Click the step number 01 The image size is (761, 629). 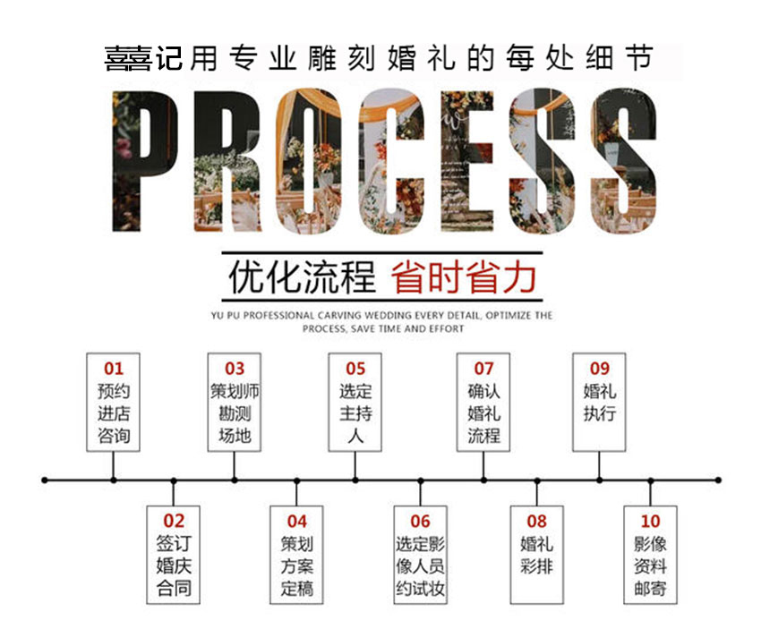click(114, 369)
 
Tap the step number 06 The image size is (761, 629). click(420, 522)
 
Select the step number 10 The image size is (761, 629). click(650, 522)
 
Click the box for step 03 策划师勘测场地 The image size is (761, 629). click(235, 403)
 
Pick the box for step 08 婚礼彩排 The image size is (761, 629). click(537, 555)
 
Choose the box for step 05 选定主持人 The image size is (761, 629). click(355, 403)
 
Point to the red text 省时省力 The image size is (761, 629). click(464, 277)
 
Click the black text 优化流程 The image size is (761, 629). click(303, 277)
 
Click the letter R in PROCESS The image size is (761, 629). click(227, 161)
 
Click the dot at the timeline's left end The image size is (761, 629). click(45, 480)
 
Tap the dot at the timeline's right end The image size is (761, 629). click(718, 480)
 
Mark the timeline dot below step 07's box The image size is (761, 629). click(483, 480)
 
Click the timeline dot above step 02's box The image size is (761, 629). click(174, 480)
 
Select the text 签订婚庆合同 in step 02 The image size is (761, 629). click(174, 566)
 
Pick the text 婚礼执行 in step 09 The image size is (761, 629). click(599, 403)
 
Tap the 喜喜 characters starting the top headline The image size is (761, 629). click(129, 59)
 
